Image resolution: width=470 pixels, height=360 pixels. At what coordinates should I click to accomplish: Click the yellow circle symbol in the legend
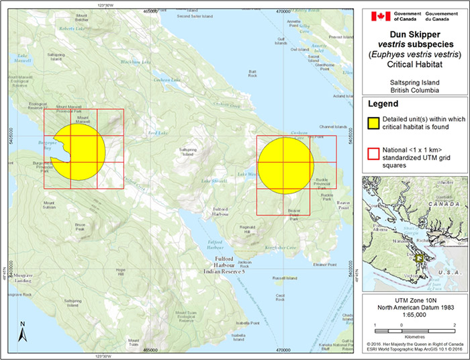pyautogui.click(x=375, y=122)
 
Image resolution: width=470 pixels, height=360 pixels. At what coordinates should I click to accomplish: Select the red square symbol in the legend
pyautogui.click(x=375, y=153)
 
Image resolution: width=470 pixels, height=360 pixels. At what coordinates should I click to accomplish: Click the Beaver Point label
pyautogui.click(x=344, y=205)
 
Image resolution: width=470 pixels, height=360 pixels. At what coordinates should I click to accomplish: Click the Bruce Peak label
pyautogui.click(x=79, y=226)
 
